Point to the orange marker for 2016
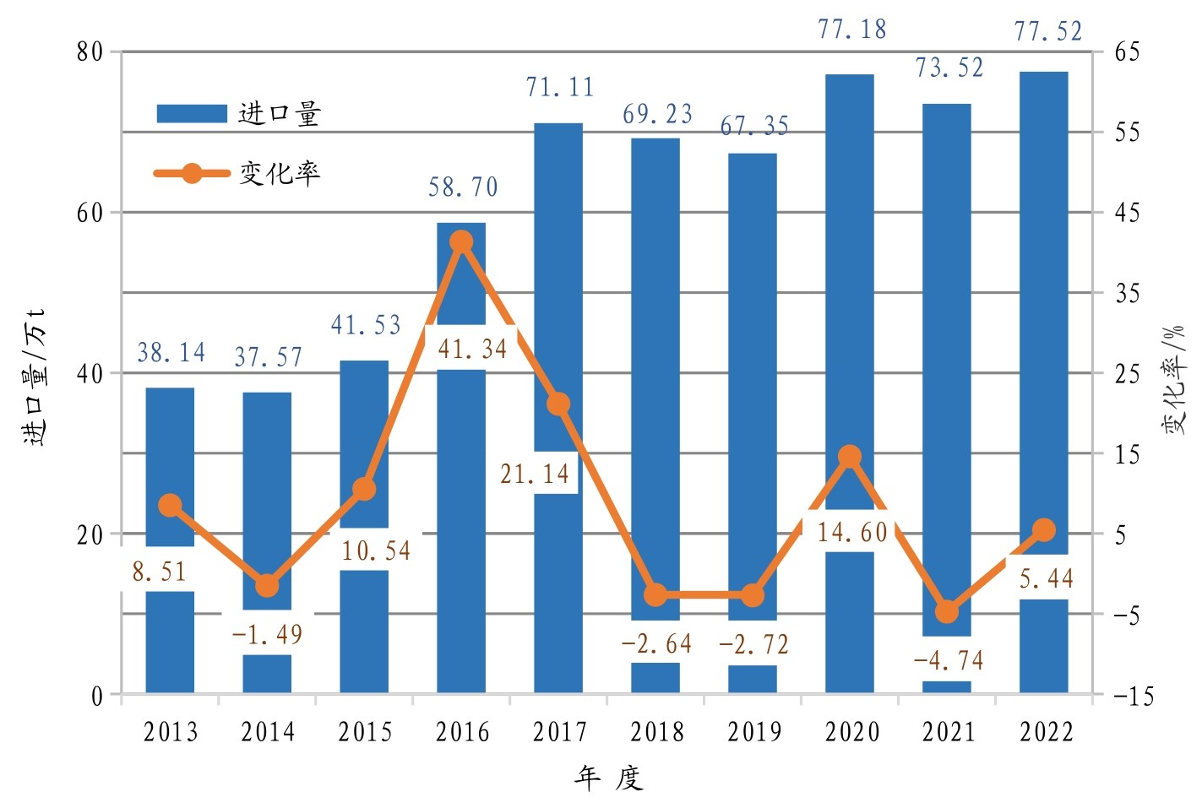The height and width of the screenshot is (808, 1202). click(461, 242)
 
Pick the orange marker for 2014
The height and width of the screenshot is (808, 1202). click(267, 586)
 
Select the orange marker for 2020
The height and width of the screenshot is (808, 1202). click(850, 457)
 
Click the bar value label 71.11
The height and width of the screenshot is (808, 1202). click(559, 88)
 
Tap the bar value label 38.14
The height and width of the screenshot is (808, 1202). click(171, 353)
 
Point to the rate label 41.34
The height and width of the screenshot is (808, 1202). click(472, 349)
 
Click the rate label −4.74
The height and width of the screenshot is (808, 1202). click(949, 660)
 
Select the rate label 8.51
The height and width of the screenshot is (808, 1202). click(159, 572)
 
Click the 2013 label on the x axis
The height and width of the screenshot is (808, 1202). click(171, 732)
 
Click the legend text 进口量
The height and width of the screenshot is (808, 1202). click(280, 114)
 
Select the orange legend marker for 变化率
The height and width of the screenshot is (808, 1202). click(193, 174)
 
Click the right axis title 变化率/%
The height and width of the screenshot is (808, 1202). click(1175, 379)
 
